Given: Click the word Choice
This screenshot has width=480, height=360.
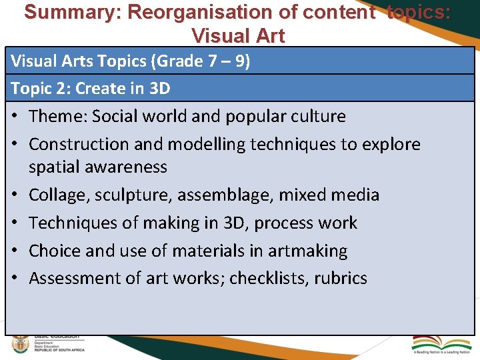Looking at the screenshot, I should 54,251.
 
